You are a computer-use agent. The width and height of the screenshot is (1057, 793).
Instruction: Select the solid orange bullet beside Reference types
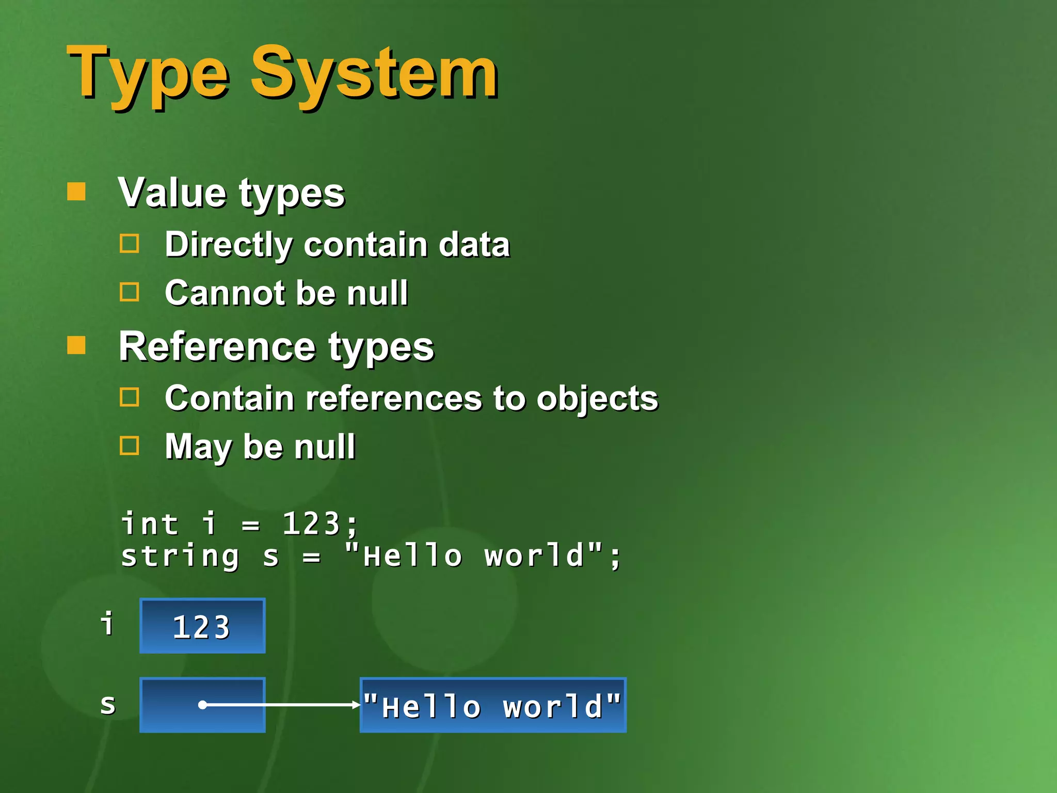click(76, 345)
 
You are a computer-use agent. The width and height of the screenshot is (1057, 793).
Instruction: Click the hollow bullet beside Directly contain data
click(129, 244)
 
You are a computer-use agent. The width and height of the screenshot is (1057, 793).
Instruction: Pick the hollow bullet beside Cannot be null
click(129, 292)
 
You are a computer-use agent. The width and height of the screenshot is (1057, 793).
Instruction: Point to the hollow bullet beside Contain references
click(129, 398)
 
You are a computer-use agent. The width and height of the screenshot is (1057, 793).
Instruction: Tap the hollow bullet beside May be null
click(129, 446)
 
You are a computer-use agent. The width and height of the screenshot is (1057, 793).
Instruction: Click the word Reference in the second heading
click(217, 346)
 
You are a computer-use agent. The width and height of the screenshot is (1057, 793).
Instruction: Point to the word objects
click(597, 399)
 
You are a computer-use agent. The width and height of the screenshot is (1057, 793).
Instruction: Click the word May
click(198, 447)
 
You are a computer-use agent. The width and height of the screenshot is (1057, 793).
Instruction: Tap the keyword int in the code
click(150, 524)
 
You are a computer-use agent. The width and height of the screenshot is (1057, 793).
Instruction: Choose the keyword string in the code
click(180, 557)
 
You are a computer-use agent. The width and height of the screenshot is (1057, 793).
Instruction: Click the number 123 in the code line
click(311, 524)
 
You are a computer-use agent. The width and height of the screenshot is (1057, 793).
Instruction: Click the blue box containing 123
click(202, 626)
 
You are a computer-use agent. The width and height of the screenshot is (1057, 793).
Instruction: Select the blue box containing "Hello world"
click(493, 705)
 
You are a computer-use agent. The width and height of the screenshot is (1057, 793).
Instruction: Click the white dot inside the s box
click(203, 705)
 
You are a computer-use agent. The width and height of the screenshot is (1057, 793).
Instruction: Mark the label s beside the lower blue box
click(108, 704)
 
